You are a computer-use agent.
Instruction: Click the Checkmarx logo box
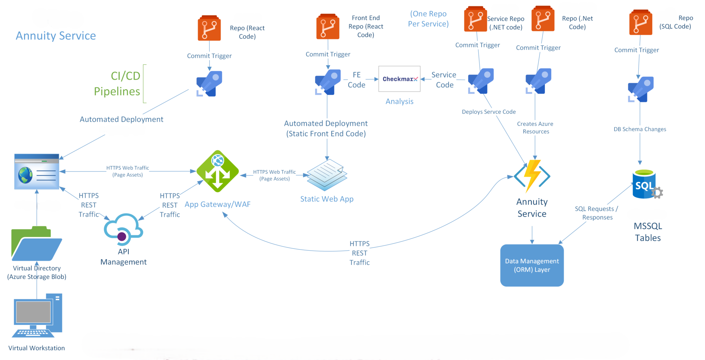[399, 79]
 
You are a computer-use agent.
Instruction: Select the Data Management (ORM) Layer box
[532, 265]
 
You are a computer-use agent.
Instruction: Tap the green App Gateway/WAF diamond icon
[218, 171]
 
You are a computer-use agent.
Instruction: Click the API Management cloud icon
[123, 229]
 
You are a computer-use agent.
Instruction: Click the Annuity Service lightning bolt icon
[532, 176]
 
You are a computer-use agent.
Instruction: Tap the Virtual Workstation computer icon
[37, 315]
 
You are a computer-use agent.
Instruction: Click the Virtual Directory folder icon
[36, 244]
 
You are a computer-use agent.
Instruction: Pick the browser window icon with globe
[37, 171]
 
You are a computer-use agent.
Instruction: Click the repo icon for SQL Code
[641, 23]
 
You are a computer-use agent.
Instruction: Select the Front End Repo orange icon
[328, 27]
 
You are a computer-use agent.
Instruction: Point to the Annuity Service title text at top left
[56, 36]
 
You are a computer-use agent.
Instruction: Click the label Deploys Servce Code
[488, 112]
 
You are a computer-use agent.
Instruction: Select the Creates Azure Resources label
[535, 128]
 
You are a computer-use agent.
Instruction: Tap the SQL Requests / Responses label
[597, 213]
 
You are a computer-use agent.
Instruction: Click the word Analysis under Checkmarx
[399, 102]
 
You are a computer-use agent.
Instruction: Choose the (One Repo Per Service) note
[428, 19]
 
